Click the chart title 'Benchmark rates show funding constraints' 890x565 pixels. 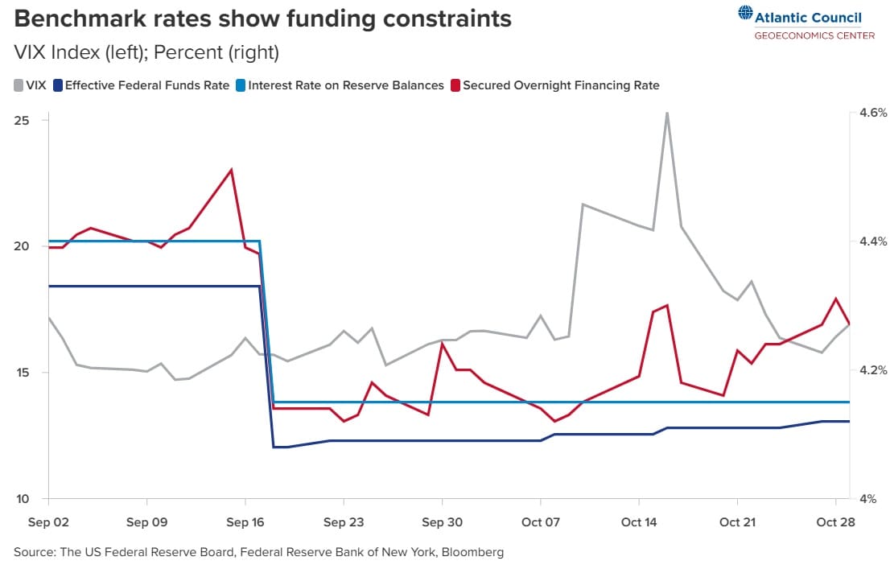(x=262, y=18)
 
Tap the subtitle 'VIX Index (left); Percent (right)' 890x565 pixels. (x=146, y=53)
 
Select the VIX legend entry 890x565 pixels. (x=30, y=85)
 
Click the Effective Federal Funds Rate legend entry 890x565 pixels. (x=142, y=85)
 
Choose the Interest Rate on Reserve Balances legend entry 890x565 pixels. (x=340, y=85)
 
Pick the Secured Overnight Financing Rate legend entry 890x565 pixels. (x=555, y=85)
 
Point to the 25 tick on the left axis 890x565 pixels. (x=22, y=120)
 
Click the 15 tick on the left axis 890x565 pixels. (x=22, y=373)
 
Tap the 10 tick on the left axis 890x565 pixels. (x=22, y=499)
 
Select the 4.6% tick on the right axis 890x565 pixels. (x=872, y=113)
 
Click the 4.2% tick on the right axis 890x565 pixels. (x=872, y=370)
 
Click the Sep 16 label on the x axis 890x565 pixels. (x=245, y=522)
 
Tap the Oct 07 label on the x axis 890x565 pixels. (x=541, y=522)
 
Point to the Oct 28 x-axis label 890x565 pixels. (x=836, y=522)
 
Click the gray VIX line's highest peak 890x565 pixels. (x=667, y=113)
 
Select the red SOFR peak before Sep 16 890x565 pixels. (x=232, y=170)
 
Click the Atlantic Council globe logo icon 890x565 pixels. (x=745, y=14)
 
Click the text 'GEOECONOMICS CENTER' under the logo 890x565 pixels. (x=814, y=35)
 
